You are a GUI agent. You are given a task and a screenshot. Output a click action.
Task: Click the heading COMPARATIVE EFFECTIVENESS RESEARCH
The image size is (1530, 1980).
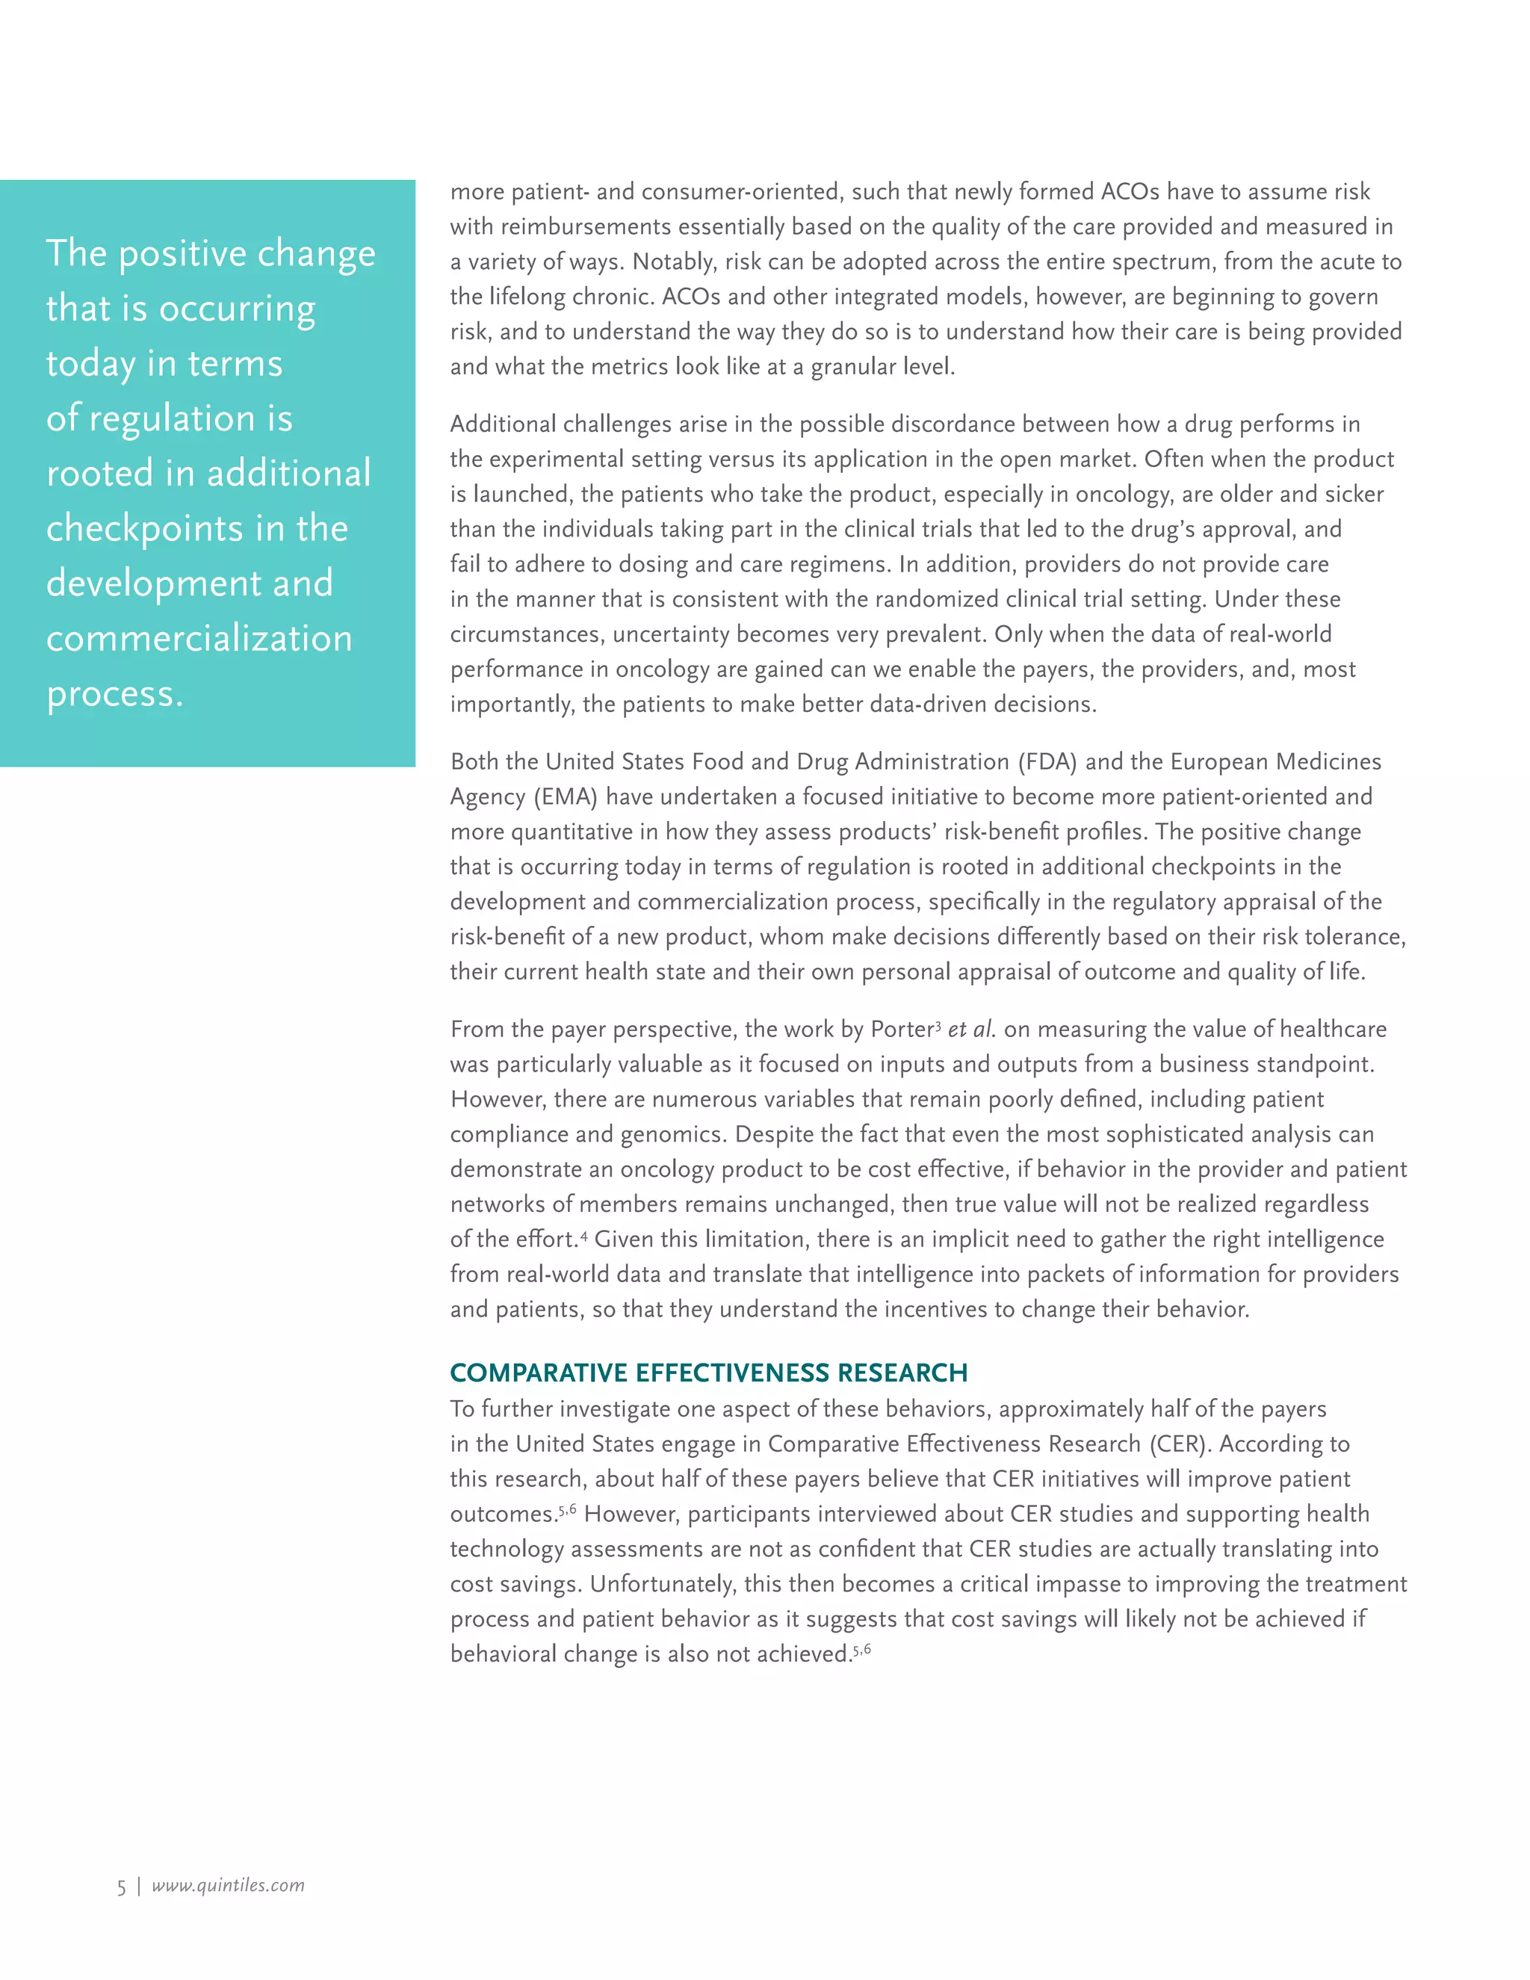[x=708, y=1373]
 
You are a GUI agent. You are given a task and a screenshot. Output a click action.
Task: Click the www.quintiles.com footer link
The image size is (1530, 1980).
[x=228, y=1886]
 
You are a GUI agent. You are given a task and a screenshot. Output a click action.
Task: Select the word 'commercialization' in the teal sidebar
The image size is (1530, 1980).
[x=199, y=638]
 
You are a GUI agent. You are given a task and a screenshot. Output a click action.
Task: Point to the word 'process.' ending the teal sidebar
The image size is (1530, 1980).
[x=114, y=693]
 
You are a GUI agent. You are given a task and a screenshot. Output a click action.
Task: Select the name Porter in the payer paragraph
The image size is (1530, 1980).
[x=901, y=1030]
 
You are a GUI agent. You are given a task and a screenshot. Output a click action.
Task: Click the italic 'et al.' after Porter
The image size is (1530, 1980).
[x=972, y=1030]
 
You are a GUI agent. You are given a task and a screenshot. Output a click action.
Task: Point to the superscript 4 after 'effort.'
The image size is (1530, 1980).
[x=583, y=1235]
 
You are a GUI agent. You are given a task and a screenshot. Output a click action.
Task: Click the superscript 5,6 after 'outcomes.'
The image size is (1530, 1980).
[x=568, y=1509]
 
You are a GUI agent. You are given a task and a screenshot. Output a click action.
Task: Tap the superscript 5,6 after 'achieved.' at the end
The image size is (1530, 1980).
[x=862, y=1649]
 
